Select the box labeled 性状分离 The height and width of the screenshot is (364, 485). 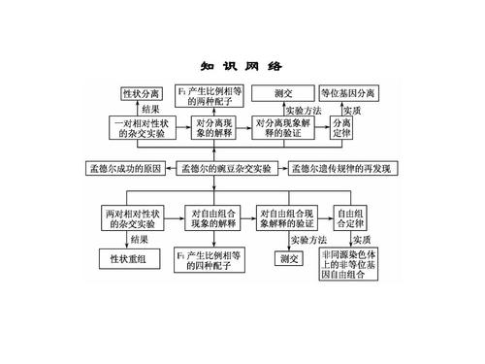coord(141,94)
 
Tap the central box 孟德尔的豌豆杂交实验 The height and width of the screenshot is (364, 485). coord(226,169)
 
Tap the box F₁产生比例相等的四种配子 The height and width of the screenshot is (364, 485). coord(210,259)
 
